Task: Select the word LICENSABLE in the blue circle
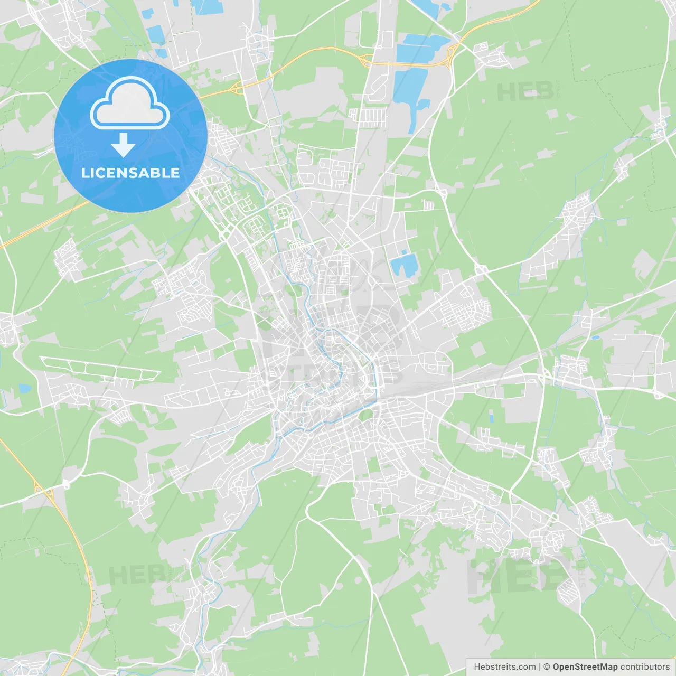pos(130,173)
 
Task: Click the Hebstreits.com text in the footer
pos(504,667)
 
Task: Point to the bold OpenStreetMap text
pos(585,667)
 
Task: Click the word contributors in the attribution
pos(645,667)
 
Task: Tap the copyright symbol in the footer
pos(547,667)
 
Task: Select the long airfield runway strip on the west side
pos(100,368)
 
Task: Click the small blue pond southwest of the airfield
pos(25,389)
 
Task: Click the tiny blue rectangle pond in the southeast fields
pos(492,418)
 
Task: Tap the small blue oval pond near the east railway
pos(596,337)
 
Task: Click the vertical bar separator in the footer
pos(540,667)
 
